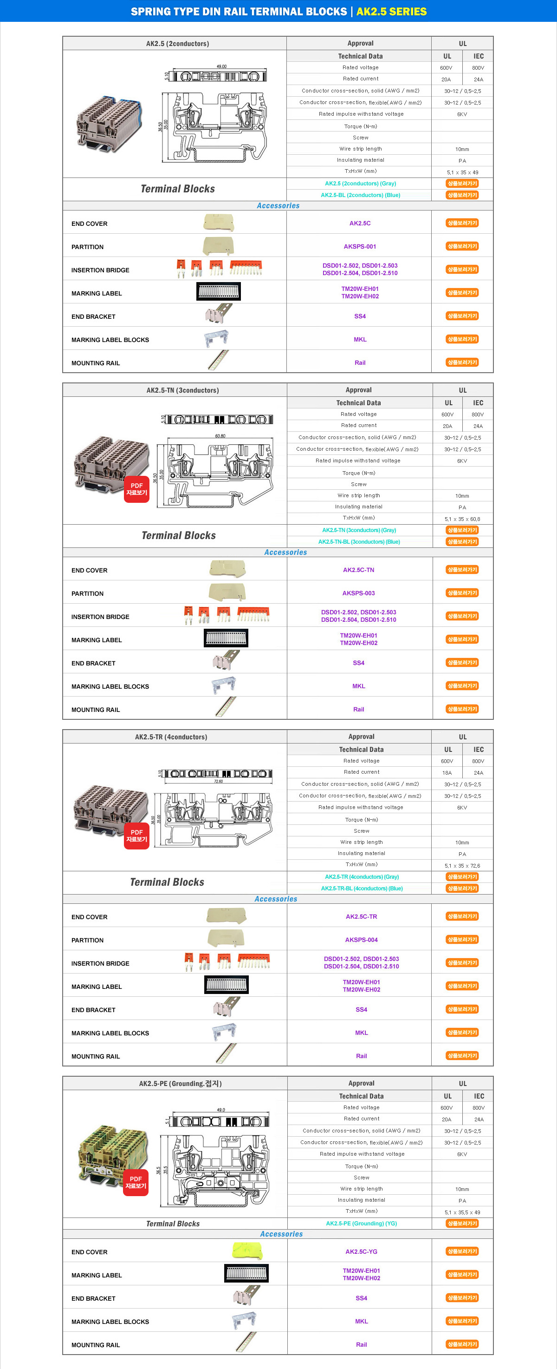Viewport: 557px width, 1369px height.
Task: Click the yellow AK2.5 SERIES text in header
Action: click(x=391, y=12)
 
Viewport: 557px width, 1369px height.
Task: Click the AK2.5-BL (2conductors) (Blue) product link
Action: click(x=360, y=195)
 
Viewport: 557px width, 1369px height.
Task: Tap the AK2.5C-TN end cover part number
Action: click(x=358, y=570)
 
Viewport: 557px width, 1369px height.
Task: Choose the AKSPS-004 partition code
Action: click(x=361, y=940)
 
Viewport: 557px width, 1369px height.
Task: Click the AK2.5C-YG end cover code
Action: click(x=361, y=1251)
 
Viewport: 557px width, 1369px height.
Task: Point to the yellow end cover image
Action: click(x=247, y=1251)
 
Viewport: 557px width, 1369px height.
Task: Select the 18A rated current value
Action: click(x=447, y=773)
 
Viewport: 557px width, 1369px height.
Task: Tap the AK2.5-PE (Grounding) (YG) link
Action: click(x=361, y=1224)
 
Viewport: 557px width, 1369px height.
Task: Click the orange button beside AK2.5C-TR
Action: click(x=462, y=916)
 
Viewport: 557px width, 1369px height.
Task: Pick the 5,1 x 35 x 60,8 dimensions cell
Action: click(x=462, y=519)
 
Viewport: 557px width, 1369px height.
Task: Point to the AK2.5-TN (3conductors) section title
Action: click(x=182, y=390)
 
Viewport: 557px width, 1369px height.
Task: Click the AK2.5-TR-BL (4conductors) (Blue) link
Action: click(x=362, y=888)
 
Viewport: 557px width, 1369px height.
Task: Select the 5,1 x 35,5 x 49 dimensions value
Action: click(x=462, y=1212)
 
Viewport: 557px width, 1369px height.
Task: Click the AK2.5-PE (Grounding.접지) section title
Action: click(x=180, y=1083)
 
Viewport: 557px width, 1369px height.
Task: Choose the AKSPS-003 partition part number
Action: click(x=358, y=593)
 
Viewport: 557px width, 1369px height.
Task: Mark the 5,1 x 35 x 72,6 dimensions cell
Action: click(x=462, y=866)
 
